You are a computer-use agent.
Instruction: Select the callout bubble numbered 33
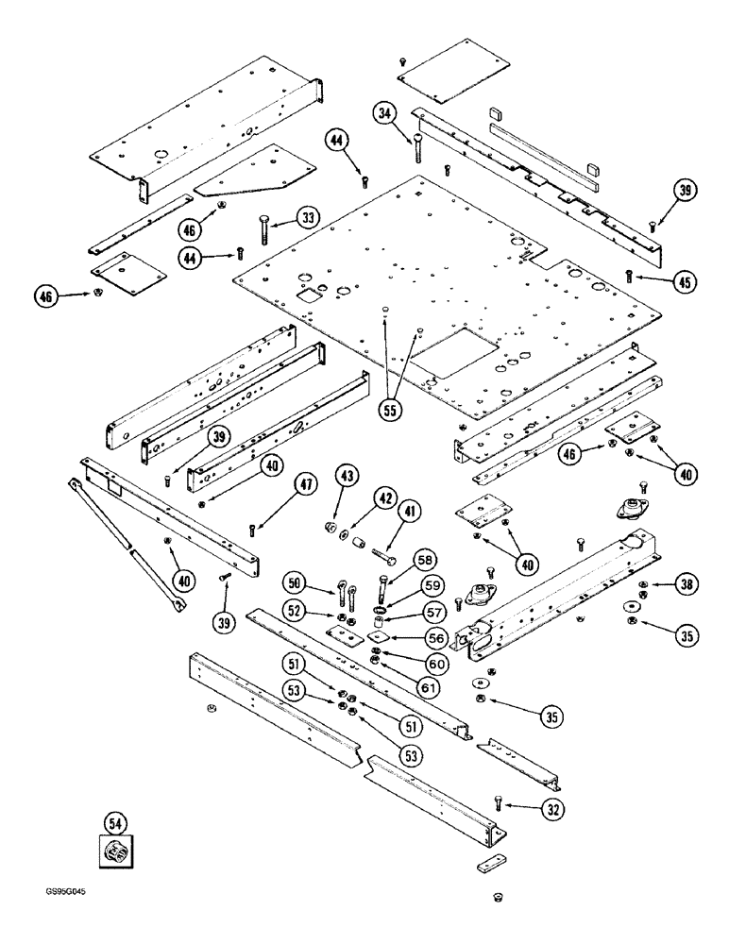coord(307,217)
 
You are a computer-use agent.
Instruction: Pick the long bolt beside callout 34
coord(416,145)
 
